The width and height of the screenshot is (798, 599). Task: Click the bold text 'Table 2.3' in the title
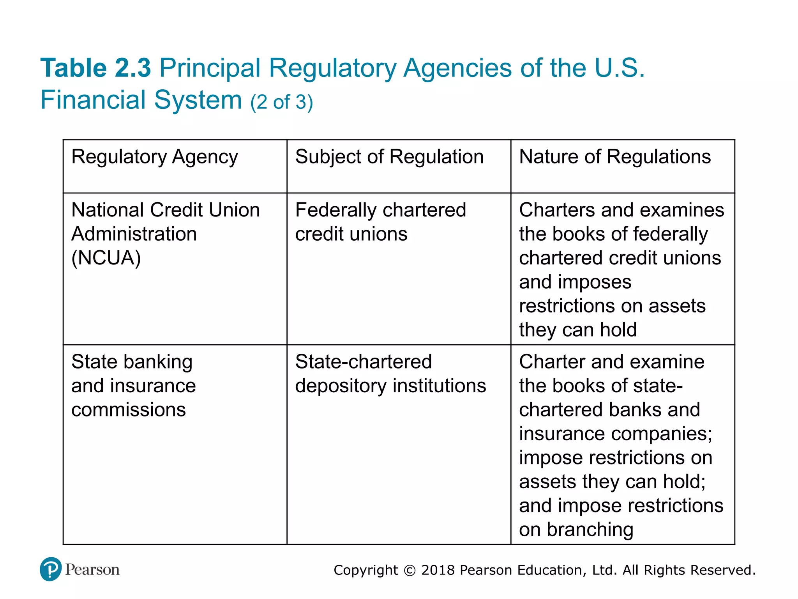95,68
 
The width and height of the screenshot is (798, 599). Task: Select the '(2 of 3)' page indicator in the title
281,102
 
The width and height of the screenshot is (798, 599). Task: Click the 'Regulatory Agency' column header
154,157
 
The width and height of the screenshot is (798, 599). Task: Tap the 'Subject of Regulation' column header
389,157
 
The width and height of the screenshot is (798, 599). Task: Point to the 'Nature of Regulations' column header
615,157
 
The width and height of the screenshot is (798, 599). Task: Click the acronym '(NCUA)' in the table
106,258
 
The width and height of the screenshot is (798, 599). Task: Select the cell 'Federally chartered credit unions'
380,222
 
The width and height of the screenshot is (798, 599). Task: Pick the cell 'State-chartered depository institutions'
390,374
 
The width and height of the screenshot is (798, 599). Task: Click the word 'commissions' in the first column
129,410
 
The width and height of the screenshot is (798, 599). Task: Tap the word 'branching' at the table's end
590,530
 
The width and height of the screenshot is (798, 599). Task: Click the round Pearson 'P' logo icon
51,569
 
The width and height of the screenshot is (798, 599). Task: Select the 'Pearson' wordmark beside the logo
92,570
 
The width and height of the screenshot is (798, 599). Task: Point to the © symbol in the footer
410,571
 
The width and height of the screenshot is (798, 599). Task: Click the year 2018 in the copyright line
438,570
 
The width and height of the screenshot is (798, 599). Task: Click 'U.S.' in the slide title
619,68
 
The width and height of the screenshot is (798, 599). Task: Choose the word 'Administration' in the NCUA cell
134,234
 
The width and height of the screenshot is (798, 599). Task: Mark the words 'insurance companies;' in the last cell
615,434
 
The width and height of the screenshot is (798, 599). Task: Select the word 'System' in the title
198,100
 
